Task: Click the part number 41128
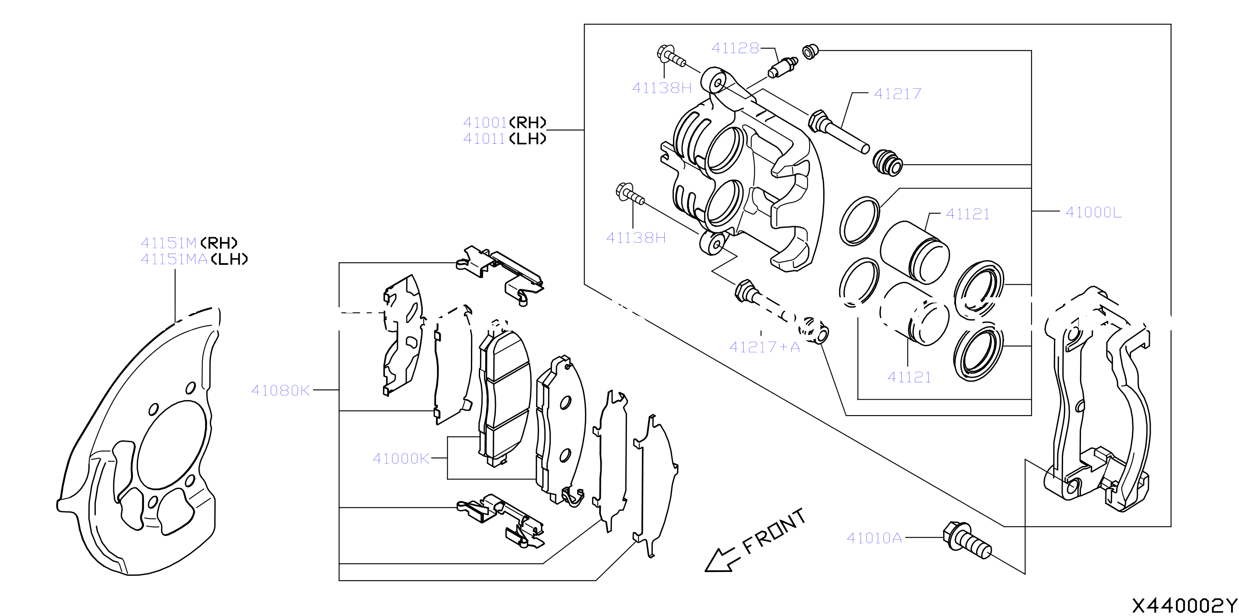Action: (x=735, y=48)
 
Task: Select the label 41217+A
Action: (x=765, y=347)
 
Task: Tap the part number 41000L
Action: (x=1094, y=212)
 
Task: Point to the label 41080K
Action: (x=281, y=390)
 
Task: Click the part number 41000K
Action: (x=401, y=459)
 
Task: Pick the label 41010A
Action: (x=874, y=538)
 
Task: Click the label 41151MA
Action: (x=174, y=259)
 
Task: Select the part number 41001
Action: (x=485, y=123)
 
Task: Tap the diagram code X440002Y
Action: (x=1184, y=605)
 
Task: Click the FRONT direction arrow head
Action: (x=717, y=561)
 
